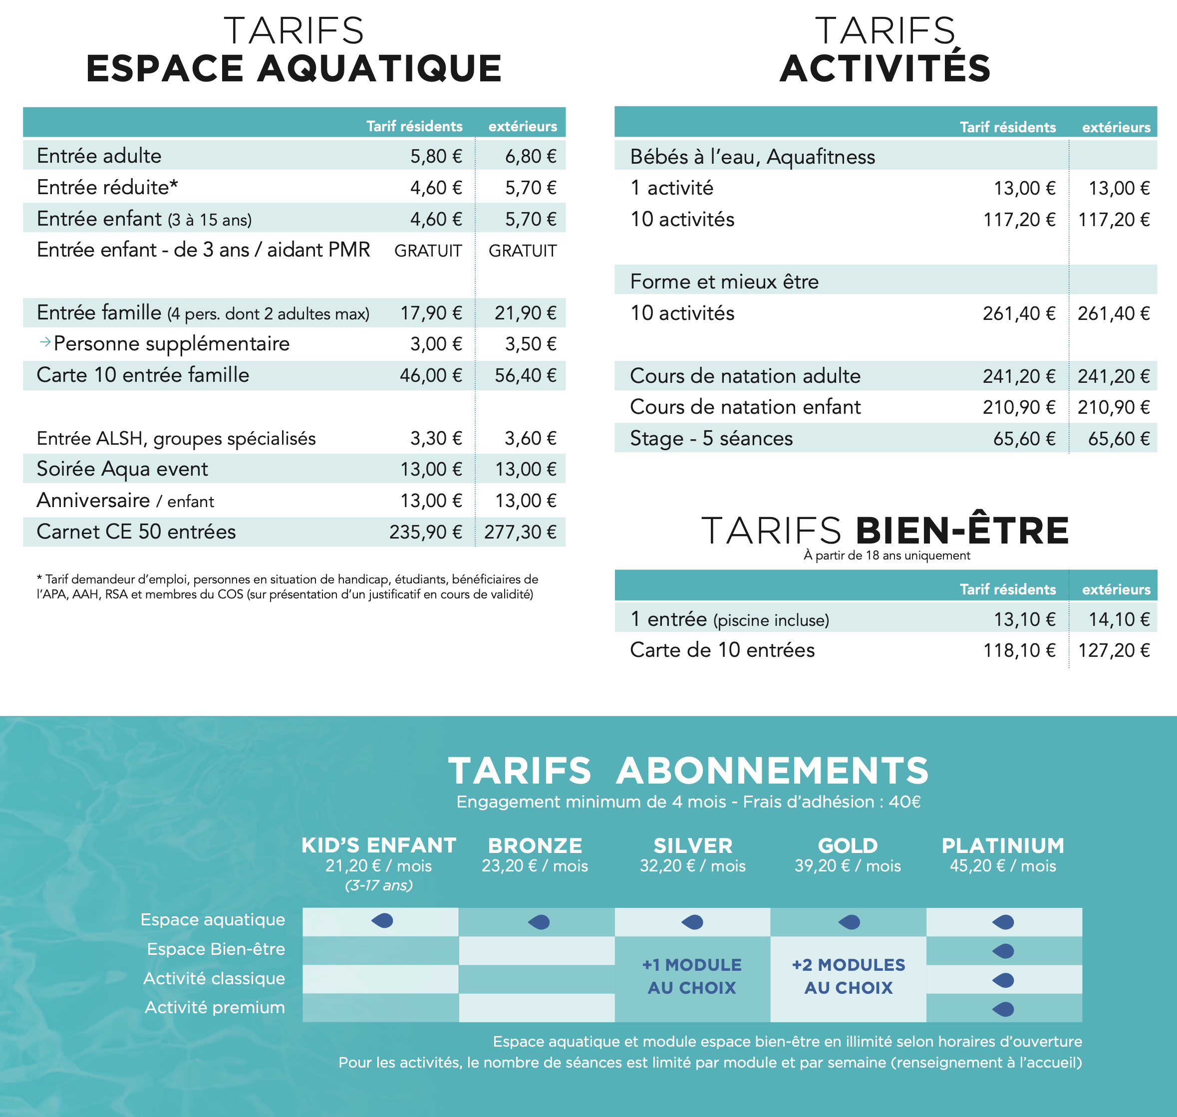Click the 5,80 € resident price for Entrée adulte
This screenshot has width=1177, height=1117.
pos(436,156)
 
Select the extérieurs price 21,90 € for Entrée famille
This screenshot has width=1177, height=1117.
pos(525,312)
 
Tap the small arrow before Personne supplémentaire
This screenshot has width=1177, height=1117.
pos(44,342)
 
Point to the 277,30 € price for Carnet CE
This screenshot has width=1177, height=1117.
pos(520,532)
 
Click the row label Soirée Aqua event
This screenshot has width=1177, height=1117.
pos(122,469)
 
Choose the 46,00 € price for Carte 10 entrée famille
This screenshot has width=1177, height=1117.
pos(430,375)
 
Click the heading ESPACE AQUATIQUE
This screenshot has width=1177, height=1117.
pos(294,68)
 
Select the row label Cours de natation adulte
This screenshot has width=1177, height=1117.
pos(745,376)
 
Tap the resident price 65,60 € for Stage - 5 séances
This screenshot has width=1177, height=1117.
pos(1024,439)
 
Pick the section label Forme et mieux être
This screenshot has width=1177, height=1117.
pos(724,281)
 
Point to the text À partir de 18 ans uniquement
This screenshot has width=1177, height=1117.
pos(886,556)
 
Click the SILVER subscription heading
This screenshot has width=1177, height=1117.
pos(692,845)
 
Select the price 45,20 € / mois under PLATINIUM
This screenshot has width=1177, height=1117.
pos(1003,866)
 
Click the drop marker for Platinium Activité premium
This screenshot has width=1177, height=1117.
pos(1003,1009)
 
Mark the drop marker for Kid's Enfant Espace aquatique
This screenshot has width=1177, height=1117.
pos(382,921)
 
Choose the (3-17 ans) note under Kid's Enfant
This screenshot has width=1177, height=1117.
pos(379,885)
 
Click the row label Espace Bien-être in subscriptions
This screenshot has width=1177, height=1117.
pos(216,949)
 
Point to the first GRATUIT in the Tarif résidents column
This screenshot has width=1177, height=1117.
pos(427,251)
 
